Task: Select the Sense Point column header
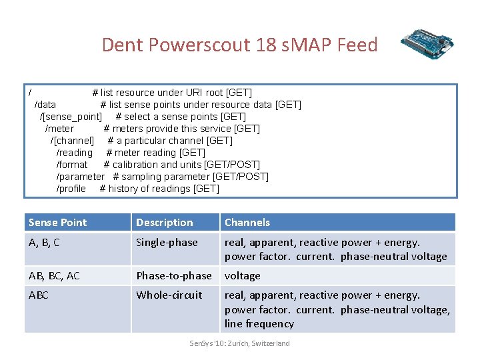pos(58,223)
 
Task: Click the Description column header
pos(165,223)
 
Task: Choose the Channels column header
pos(247,223)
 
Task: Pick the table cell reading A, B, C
pos(44,243)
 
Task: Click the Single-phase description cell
pos(167,243)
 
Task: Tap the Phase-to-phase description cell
pos(173,276)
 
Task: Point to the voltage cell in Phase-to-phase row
pos(243,276)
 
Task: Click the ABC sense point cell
pos(39,295)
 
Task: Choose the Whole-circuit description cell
pos(169,295)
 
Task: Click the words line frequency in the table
pos(259,324)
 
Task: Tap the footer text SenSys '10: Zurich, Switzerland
pos(240,343)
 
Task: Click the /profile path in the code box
pos(71,189)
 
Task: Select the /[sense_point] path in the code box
pos(71,117)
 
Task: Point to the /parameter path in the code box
pos(80,177)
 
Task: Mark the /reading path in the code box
pos(75,153)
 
